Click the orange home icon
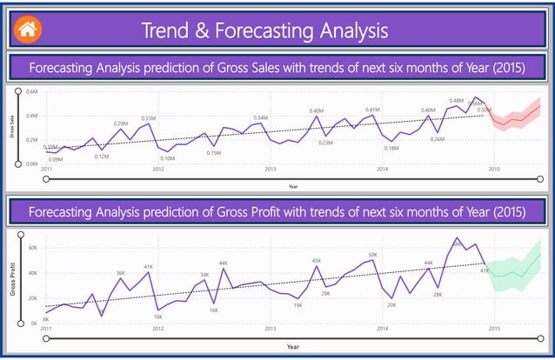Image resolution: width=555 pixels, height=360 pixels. click(27, 28)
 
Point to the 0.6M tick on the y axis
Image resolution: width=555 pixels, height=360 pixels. click(31, 91)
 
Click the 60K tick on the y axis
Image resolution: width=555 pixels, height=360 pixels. click(31, 248)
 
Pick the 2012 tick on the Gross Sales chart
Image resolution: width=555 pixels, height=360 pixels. click(157, 169)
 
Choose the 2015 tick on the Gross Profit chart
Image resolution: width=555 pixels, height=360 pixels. click(493, 329)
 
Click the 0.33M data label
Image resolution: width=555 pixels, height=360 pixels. click(149, 118)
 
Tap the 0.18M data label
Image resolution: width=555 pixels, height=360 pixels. click(391, 148)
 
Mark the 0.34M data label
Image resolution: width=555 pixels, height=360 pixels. click(261, 117)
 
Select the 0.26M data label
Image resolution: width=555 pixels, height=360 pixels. click(438, 139)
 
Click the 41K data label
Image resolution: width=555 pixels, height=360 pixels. click(149, 267)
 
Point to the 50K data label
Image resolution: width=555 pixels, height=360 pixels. click(372, 255)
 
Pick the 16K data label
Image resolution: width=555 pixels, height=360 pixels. click(214, 310)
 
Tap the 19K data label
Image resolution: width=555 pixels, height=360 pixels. click(298, 305)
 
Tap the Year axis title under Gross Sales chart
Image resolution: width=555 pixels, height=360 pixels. click(293, 185)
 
